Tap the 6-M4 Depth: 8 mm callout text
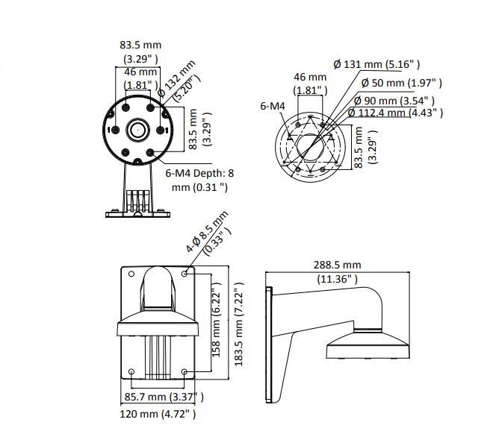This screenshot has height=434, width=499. pos(199,180)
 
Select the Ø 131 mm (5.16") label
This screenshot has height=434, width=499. pos(376,64)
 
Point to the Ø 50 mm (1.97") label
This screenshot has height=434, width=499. pos(402,83)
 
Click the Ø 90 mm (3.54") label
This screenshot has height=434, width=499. pos(394,101)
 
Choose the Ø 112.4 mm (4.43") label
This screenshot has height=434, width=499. pos(395,113)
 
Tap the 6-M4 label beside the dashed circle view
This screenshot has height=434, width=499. pos(273,106)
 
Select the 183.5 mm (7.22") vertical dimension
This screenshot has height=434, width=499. pos(238,324)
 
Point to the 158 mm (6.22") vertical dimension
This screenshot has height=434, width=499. pos(216,320)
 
